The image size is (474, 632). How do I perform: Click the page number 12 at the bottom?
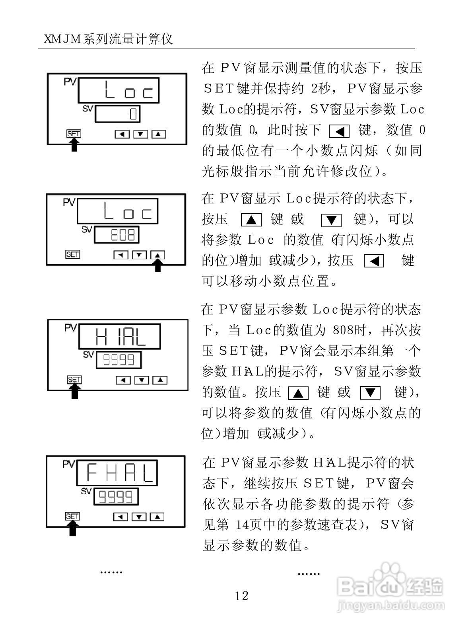click(241, 596)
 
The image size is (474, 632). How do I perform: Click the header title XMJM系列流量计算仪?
click(108, 39)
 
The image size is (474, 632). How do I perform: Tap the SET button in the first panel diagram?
click(74, 134)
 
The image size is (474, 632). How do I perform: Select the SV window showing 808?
click(117, 235)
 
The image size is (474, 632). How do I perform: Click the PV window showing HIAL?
click(120, 336)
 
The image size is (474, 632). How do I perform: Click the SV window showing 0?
click(118, 114)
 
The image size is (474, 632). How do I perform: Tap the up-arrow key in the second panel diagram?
click(158, 254)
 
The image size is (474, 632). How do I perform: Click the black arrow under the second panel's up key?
click(158, 265)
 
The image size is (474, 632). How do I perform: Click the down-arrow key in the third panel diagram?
click(142, 380)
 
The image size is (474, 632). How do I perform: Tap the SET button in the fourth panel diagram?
click(72, 517)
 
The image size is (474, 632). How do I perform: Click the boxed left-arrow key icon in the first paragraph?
click(339, 131)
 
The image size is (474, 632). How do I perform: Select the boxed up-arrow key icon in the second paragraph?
click(251, 220)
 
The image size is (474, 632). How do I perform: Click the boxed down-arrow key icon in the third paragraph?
click(370, 393)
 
